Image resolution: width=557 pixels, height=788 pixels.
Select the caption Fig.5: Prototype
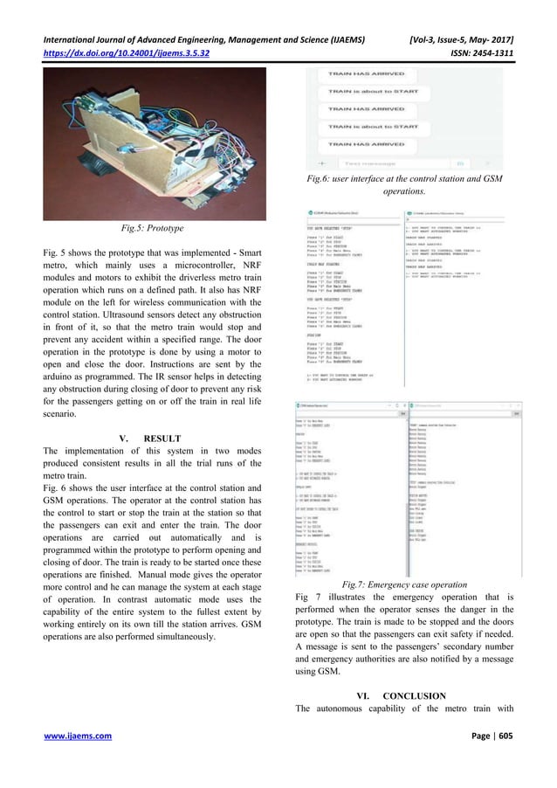pos(141,229)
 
